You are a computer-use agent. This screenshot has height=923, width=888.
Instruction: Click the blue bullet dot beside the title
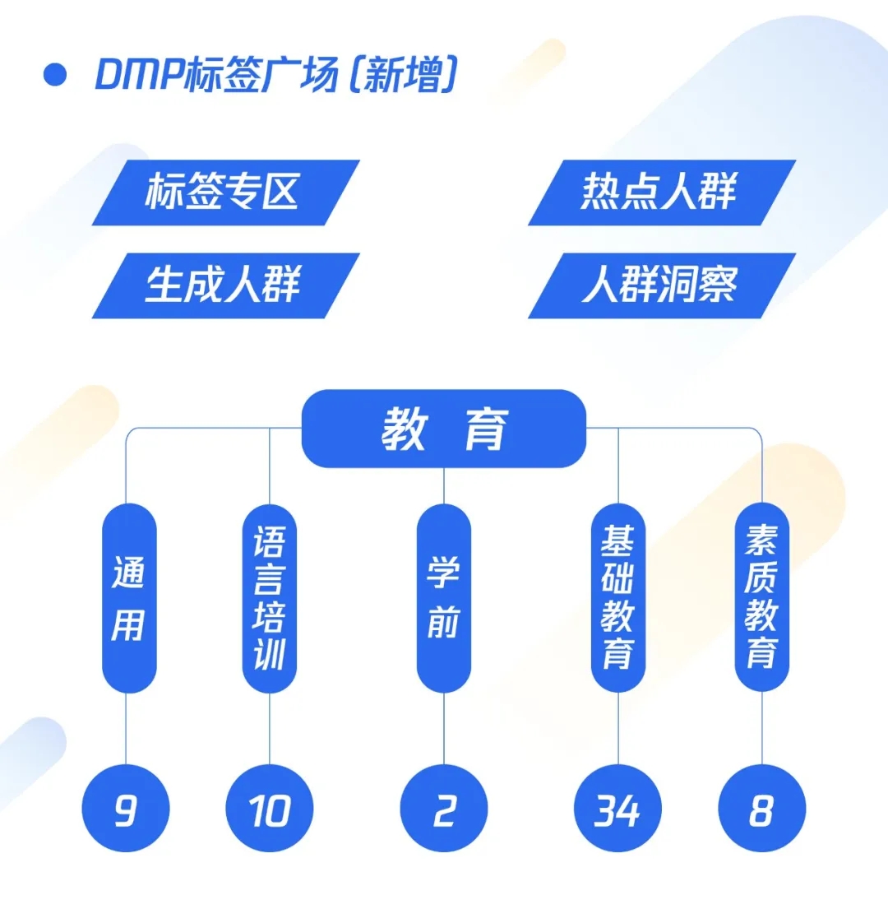pos(55,75)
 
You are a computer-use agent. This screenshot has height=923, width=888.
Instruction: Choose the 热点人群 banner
pos(661,192)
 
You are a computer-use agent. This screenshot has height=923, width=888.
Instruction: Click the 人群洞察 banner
pos(661,285)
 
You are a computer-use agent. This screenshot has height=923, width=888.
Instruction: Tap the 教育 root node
pos(444,429)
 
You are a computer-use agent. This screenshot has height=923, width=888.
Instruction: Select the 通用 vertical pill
pos(129,598)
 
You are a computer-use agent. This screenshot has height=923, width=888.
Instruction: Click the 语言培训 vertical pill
pos(270,598)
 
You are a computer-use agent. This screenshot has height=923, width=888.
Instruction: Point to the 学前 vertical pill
pos(444,598)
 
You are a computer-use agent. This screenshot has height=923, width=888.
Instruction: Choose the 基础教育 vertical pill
pos(618,598)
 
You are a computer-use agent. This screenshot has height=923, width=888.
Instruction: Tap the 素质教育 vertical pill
pos(761,598)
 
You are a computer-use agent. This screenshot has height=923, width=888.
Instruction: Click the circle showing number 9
pos(126,809)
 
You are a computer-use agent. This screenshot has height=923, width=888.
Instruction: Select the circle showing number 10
pos(270,809)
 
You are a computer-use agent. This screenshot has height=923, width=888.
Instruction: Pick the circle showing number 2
pos(444,809)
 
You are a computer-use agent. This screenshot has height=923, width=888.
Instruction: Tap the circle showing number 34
pos(618,809)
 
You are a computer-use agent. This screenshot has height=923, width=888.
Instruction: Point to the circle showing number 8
pos(761,809)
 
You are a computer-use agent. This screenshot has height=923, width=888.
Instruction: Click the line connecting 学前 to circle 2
pos(444,728)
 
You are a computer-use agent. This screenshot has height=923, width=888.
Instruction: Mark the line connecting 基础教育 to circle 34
pos(618,728)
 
